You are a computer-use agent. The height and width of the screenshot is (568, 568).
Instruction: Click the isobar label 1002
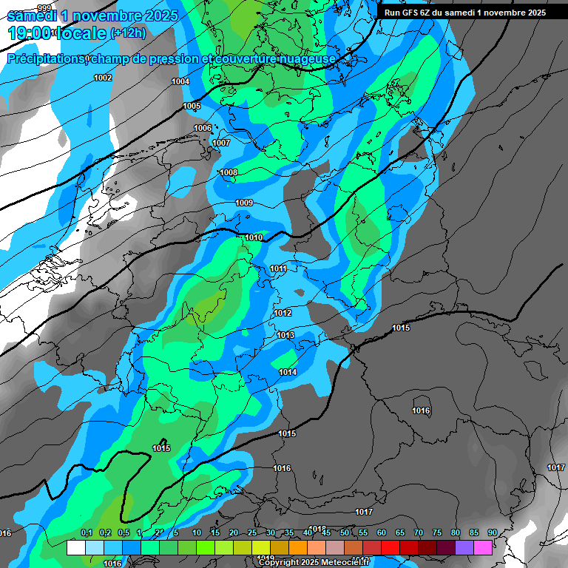(103, 78)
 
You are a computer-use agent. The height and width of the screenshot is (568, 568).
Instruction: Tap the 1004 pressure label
(180, 81)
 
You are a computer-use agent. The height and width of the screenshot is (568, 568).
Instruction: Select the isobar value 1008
(229, 173)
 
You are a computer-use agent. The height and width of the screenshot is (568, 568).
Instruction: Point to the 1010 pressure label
(254, 237)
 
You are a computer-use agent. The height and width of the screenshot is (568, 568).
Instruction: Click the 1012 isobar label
(283, 314)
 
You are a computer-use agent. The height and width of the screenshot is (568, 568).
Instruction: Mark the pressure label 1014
(288, 372)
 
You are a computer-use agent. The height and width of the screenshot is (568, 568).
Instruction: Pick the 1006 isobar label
(203, 128)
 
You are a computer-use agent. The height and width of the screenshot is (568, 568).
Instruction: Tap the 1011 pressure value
(279, 268)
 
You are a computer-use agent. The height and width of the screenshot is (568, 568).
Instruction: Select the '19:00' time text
(30, 33)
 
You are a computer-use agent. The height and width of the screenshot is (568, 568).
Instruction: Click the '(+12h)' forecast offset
(128, 33)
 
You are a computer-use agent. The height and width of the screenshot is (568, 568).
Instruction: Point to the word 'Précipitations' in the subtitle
(45, 59)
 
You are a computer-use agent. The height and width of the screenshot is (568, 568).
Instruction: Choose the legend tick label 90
(492, 532)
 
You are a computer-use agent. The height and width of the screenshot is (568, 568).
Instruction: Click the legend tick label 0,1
(86, 532)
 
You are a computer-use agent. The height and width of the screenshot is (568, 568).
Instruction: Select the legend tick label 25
(251, 532)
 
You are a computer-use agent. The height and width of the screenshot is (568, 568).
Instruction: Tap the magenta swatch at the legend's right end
(483, 547)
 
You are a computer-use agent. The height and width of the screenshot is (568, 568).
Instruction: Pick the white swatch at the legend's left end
(75, 547)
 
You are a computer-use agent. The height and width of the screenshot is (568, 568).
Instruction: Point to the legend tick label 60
(381, 532)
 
